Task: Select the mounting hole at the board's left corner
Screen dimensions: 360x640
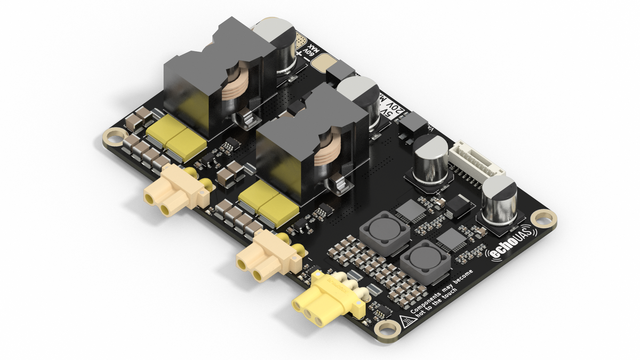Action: click(113, 137)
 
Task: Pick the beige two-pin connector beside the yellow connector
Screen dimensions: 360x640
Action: click(265, 258)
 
